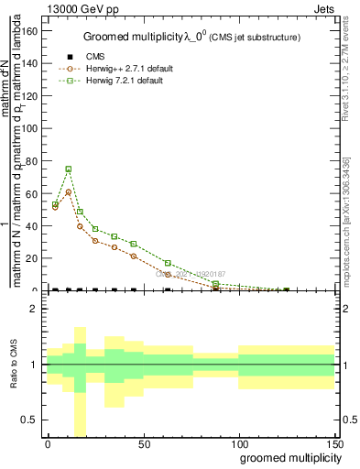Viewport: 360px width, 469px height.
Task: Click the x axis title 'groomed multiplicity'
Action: click(289, 457)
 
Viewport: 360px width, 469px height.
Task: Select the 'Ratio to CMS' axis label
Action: click(15, 365)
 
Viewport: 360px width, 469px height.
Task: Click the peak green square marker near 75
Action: click(69, 169)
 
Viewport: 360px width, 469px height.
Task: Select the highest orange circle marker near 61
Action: click(69, 191)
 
